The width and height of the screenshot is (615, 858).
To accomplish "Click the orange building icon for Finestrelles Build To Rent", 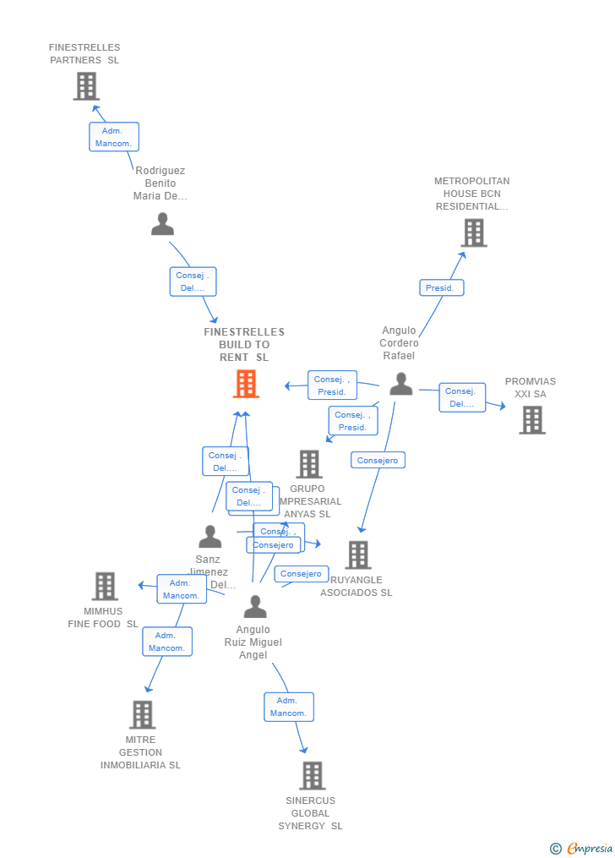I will pos(246,384).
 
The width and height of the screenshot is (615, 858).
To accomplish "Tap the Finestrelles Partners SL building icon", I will pos(86,85).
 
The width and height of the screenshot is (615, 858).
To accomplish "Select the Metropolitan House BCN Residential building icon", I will pos(474,232).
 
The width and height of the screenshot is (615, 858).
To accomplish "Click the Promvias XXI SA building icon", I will pos(532,419).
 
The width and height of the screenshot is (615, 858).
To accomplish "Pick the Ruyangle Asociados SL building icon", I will pos(358,555).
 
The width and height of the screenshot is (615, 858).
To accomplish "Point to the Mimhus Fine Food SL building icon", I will pos(105,586).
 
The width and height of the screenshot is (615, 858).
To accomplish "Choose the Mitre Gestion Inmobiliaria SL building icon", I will pos(142,714).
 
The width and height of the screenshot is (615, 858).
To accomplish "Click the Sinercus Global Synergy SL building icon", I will pos(313,775).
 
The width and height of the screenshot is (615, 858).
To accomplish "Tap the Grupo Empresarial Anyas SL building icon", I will pos(309,463).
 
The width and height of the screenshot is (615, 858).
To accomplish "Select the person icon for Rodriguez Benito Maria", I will pos(162,224).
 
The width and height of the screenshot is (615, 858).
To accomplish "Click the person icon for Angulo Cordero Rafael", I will pos(401,384).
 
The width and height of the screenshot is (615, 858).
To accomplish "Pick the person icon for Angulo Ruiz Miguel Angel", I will pos(254,606).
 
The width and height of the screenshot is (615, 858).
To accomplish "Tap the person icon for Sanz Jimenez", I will pos(210,537).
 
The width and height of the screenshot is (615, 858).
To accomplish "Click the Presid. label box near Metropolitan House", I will pos(441,288).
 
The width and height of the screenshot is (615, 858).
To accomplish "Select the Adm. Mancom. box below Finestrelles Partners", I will pos(114,137).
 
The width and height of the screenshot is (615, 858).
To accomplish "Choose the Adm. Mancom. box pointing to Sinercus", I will pos(288,707).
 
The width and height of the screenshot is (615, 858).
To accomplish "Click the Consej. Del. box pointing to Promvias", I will pos(462,397).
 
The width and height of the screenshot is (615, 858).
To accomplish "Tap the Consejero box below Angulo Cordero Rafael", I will pos(378,460).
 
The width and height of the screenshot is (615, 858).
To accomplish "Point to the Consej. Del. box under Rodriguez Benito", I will pos(193,281).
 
